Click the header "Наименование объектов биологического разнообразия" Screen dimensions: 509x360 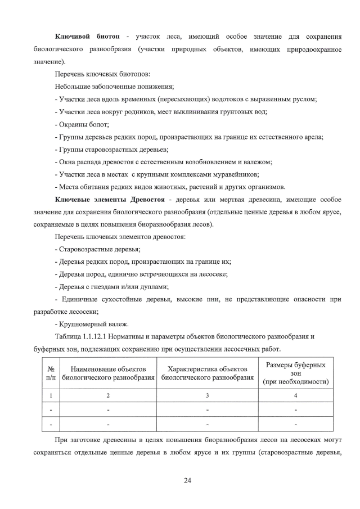coord(109,373)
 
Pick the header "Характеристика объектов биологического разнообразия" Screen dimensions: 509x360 coord(208,373)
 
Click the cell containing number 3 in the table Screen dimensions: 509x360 coord(208,396)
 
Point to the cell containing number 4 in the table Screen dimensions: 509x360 coord(295,396)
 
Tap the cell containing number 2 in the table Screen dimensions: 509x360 coord(109,396)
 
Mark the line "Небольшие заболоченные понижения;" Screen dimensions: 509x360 coord(114,87)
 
